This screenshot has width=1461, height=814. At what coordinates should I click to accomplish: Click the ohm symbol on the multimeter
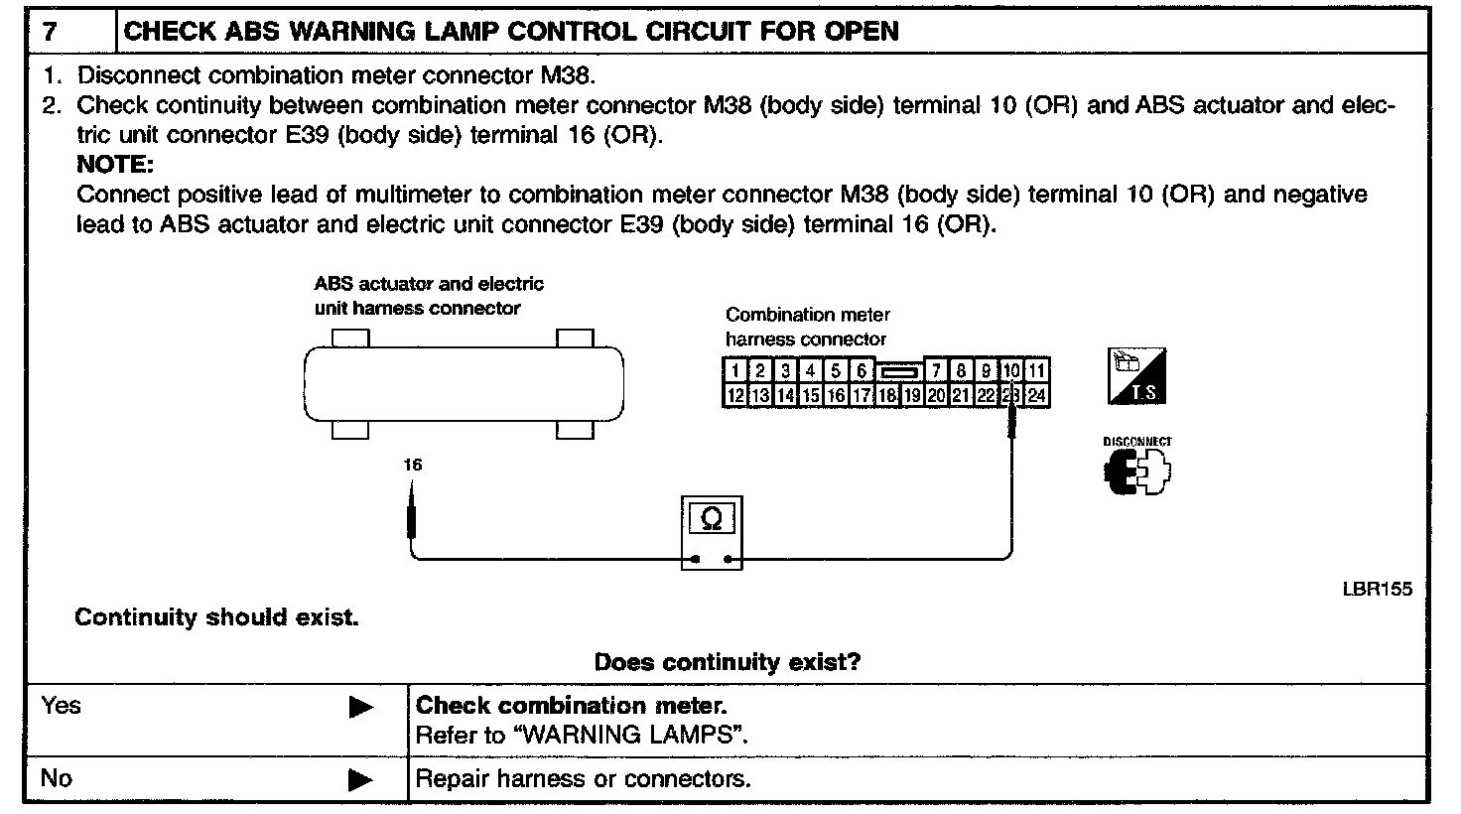[712, 520]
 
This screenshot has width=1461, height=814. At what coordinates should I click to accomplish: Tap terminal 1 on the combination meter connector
[734, 371]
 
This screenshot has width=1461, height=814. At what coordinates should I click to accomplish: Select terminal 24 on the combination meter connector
[1036, 395]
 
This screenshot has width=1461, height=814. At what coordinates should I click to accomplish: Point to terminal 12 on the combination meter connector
[734, 395]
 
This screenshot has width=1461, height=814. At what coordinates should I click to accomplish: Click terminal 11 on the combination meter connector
[1036, 371]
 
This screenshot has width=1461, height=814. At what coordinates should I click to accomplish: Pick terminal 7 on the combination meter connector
[936, 371]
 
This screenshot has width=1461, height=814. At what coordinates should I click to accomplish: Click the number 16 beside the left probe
[413, 464]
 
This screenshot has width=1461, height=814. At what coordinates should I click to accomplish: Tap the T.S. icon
[1136, 376]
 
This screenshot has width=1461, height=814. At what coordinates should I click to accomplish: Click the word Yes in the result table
[62, 706]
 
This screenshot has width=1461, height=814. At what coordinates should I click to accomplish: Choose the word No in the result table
[57, 778]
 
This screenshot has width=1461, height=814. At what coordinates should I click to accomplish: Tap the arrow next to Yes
[361, 708]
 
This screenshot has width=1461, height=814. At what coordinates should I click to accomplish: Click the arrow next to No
[361, 780]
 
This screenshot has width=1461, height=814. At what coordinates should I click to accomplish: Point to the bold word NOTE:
[114, 165]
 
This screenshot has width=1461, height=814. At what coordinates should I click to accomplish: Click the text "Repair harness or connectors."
[583, 779]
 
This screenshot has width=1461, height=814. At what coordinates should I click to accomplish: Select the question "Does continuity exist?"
[727, 661]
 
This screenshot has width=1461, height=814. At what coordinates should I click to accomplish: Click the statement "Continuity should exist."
[216, 617]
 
